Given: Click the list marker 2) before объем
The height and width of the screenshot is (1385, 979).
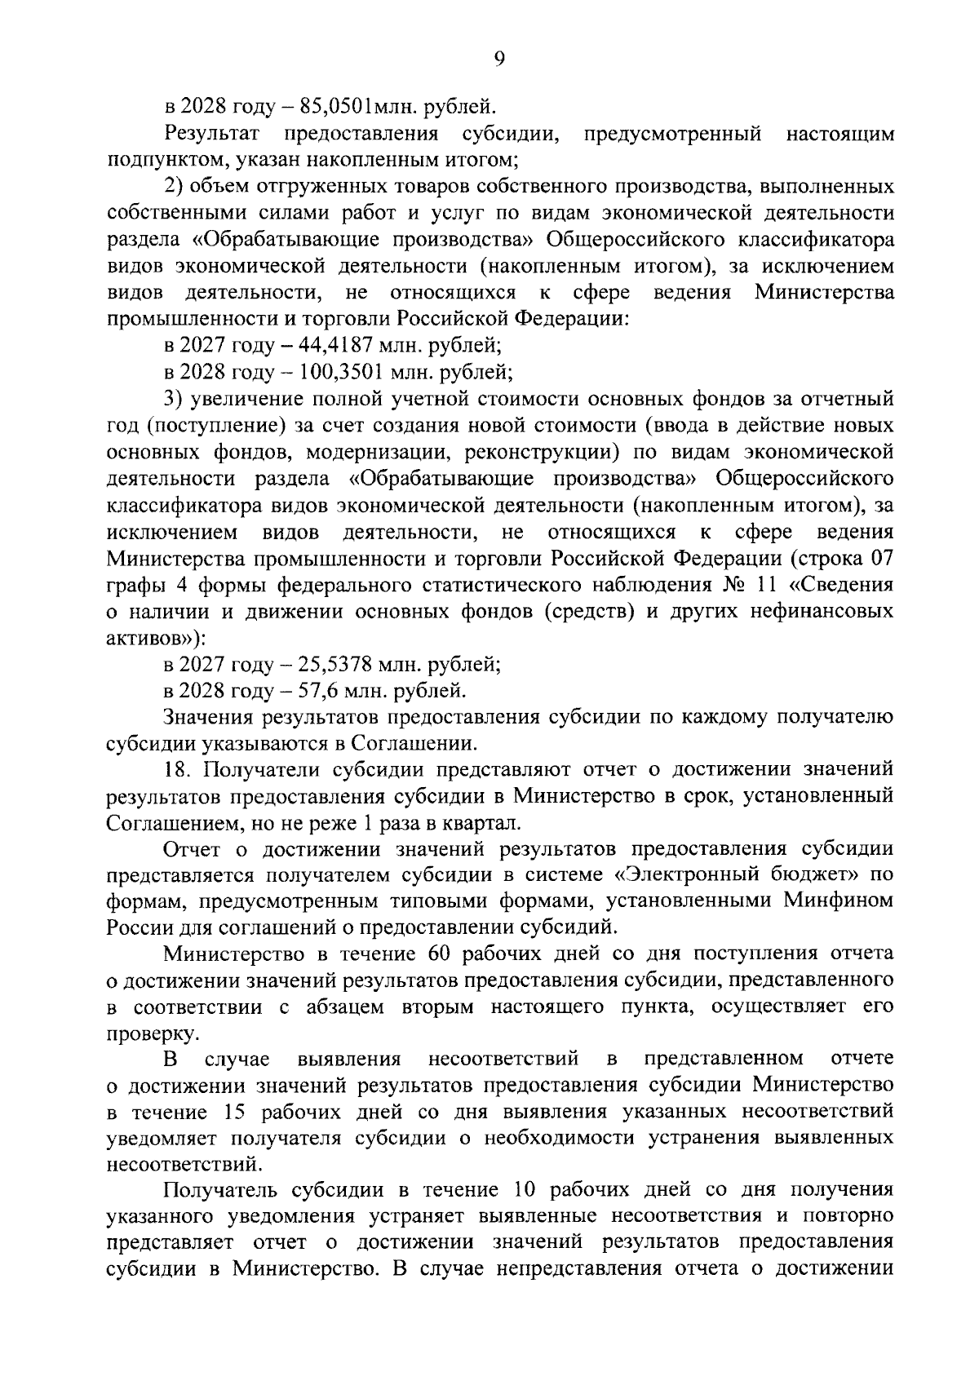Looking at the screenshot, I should coord(175,187).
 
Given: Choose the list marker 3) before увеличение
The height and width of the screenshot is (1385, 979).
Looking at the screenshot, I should coord(175,400).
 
